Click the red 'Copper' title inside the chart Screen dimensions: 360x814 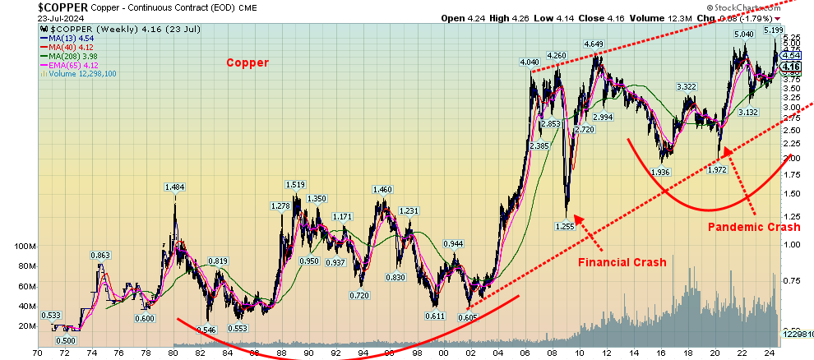pyautogui.click(x=247, y=62)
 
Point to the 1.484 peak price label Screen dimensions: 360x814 pyautogui.click(x=174, y=188)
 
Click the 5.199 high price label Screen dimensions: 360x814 pyautogui.click(x=773, y=30)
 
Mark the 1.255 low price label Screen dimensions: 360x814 pyautogui.click(x=564, y=225)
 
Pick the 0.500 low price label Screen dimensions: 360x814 pyautogui.click(x=66, y=340)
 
